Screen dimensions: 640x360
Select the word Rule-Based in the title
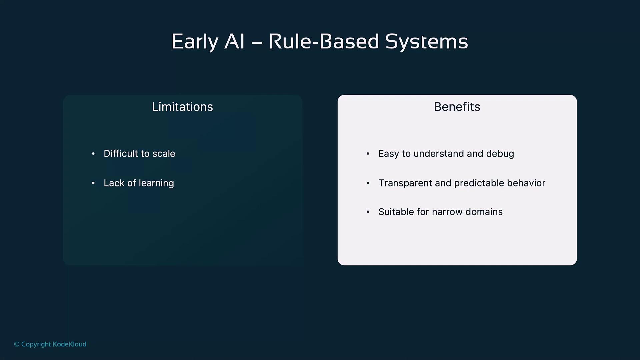pyautogui.click(x=324, y=41)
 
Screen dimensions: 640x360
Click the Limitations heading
pyautogui.click(x=182, y=107)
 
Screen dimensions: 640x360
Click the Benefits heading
pyautogui.click(x=457, y=107)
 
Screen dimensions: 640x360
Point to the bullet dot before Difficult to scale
pyautogui.click(x=93, y=154)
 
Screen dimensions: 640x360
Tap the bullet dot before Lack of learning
pyautogui.click(x=93, y=183)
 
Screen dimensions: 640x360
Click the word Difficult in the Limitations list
pyautogui.click(x=121, y=153)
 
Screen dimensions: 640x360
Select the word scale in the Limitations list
pyautogui.click(x=164, y=153)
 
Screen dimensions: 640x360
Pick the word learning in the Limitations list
pyautogui.click(x=156, y=183)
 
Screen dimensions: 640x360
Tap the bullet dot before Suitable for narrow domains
pyautogui.click(x=368, y=212)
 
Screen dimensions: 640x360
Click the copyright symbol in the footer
pyautogui.click(x=17, y=344)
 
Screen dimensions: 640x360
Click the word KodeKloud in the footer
pyautogui.click(x=69, y=344)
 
